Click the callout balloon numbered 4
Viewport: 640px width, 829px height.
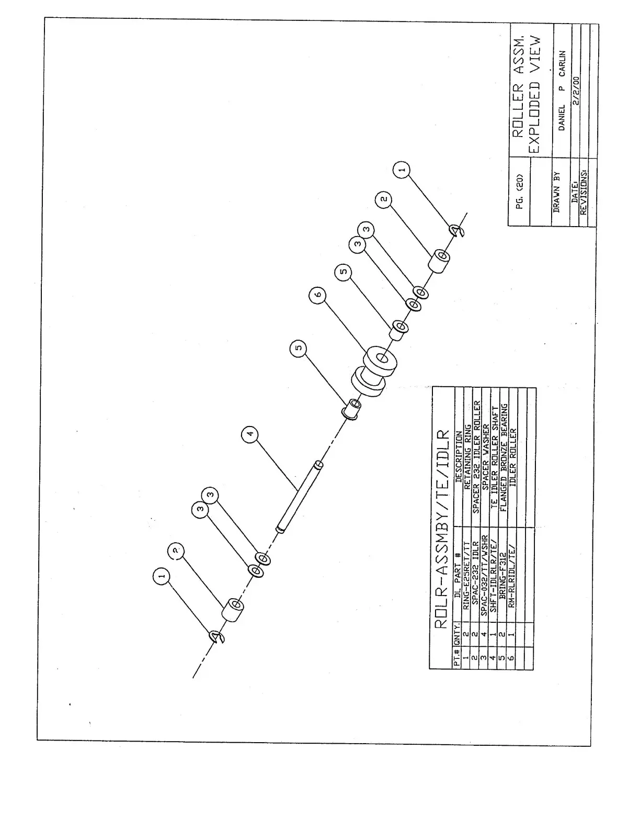coord(250,434)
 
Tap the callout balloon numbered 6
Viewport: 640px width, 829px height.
coord(317,296)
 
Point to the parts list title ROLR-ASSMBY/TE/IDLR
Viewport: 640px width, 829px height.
coord(442,529)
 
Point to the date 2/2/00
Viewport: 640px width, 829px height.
coord(576,92)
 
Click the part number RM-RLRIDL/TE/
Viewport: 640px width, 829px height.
coord(513,576)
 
